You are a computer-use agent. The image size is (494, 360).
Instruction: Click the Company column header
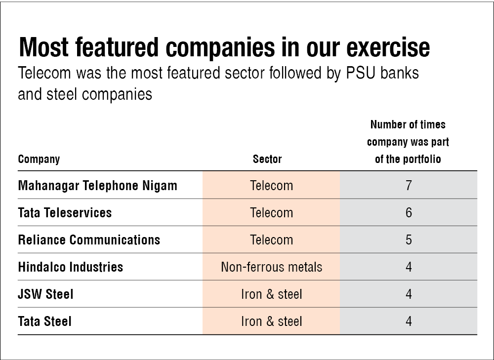coord(39,160)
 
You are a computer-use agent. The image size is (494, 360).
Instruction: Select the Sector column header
coord(267,159)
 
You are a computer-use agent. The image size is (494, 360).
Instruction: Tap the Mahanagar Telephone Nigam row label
coord(97,186)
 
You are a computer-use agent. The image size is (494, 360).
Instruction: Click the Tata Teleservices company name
coord(65,213)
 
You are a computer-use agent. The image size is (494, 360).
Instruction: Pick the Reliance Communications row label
coord(89,240)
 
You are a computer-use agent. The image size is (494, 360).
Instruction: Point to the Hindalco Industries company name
coord(71,267)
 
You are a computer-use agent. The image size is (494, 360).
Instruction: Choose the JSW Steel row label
coord(45,294)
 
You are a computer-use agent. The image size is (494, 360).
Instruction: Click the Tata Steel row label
coord(44,321)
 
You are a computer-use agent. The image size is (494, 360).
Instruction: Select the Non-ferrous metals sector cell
coord(271,267)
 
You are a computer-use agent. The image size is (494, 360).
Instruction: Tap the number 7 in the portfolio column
coord(409,186)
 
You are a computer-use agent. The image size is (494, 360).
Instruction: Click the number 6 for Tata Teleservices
coord(409,213)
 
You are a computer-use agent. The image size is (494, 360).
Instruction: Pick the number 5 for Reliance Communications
coord(409,240)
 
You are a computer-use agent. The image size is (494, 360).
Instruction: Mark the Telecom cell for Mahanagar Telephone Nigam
coord(271,186)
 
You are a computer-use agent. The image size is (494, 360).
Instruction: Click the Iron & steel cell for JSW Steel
coord(271,294)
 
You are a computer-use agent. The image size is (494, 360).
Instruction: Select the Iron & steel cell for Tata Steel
coord(271,321)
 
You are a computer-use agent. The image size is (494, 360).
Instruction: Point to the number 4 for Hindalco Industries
coord(409,267)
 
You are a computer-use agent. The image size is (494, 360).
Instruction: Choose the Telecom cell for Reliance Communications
coord(271,240)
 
